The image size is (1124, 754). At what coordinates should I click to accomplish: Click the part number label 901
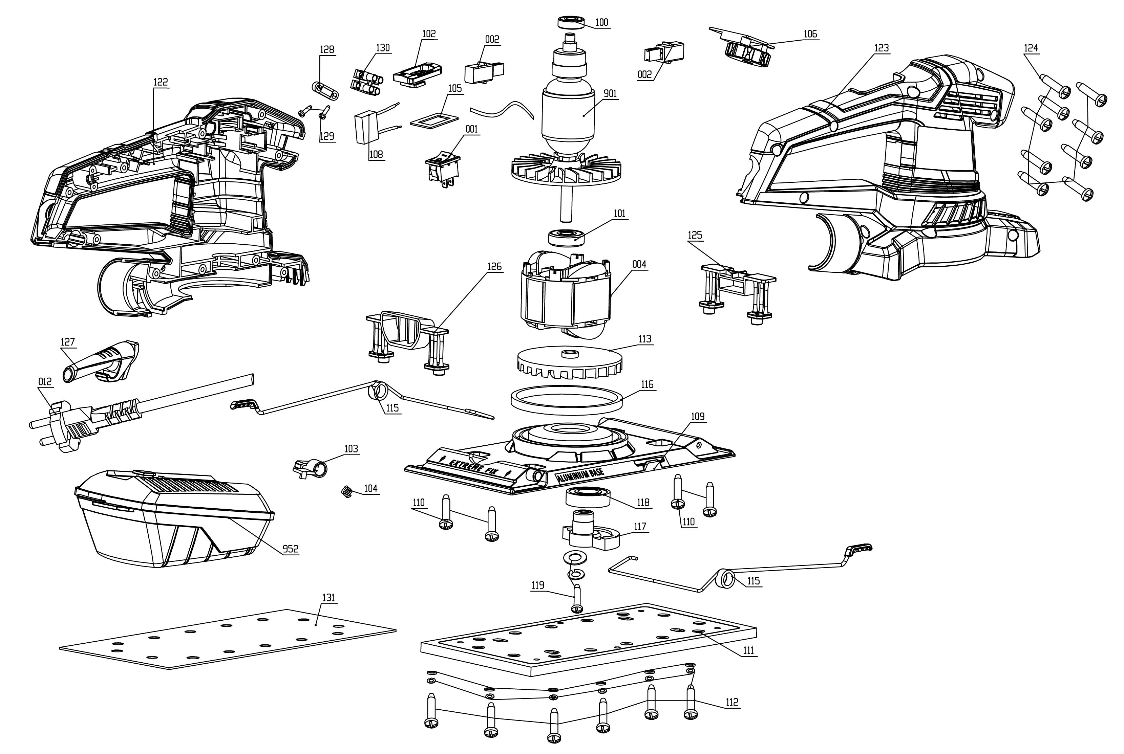click(x=610, y=93)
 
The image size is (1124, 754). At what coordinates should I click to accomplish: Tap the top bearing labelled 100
click(x=571, y=22)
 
